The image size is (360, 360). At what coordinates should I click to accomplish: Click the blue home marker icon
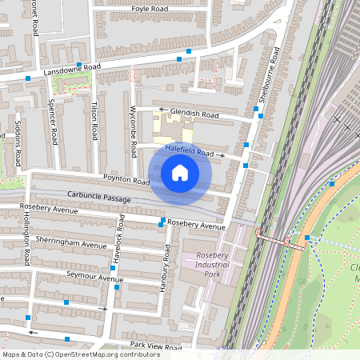(x=180, y=172)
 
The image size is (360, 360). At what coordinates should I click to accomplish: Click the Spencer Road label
(x=53, y=122)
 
